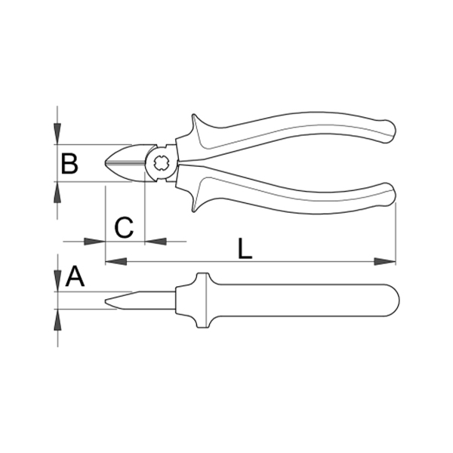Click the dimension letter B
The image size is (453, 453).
click(x=69, y=164)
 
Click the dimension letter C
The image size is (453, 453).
click(x=125, y=227)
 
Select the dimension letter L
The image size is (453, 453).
click(x=245, y=248)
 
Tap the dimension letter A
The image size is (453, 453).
click(x=75, y=276)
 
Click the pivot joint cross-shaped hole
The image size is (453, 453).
click(x=161, y=163)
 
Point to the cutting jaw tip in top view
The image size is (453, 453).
click(x=106, y=163)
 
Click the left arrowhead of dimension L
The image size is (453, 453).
click(x=116, y=262)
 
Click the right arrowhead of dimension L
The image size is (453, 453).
click(x=385, y=262)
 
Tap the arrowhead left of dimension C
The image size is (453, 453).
click(x=94, y=242)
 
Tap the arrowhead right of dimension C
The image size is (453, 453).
click(x=156, y=242)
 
